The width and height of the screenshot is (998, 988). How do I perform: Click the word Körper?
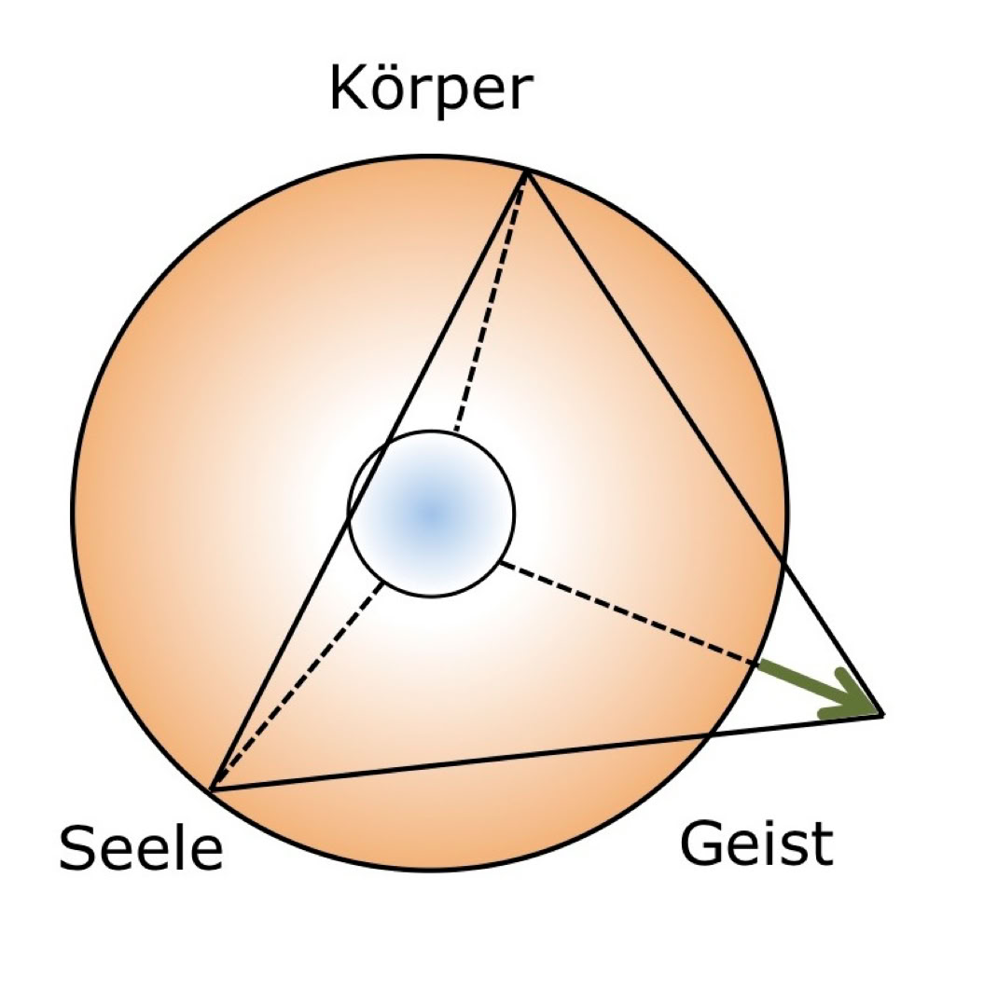[431, 90]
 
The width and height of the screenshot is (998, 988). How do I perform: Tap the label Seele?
[141, 847]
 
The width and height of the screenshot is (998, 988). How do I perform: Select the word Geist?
[756, 843]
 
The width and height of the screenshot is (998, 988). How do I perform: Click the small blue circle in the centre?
[432, 514]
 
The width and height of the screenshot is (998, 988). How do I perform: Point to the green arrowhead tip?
[881, 714]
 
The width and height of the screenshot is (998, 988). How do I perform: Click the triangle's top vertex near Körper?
[526, 171]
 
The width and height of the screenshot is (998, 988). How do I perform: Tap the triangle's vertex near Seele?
[211, 790]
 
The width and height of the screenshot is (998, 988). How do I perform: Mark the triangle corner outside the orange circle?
[883, 715]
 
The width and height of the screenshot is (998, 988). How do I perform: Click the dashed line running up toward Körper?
[491, 302]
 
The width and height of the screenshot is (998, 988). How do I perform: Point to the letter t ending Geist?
[823, 846]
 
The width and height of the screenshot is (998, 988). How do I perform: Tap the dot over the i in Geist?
[773, 825]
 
